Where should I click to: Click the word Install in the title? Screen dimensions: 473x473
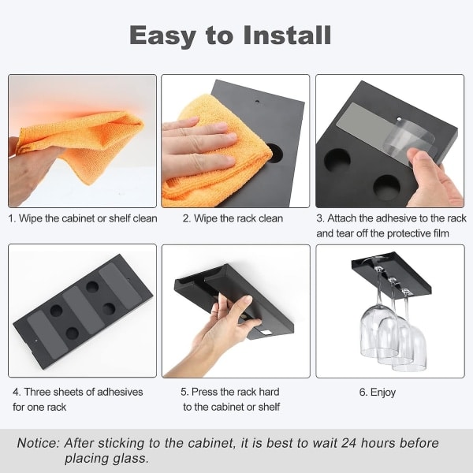coord(287,35)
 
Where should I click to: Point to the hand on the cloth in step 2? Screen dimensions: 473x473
coord(199,148)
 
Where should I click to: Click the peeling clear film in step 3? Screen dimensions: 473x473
coord(410,142)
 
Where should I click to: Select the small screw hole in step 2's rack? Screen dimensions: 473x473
coord(257,102)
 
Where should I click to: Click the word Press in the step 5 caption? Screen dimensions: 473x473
coord(204,392)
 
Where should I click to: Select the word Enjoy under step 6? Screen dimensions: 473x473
coord(383,393)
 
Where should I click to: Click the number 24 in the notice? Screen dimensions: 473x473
coord(349,443)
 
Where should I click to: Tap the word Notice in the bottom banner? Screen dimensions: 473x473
coord(39,443)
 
